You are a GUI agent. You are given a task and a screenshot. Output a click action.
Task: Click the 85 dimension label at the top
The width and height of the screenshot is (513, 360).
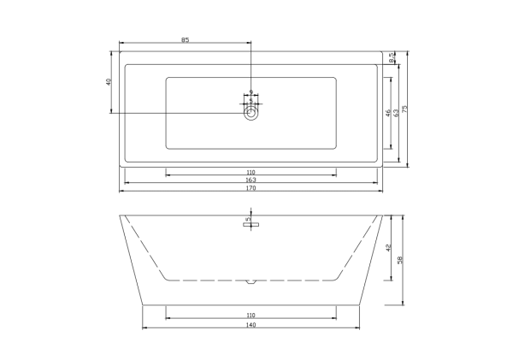185,39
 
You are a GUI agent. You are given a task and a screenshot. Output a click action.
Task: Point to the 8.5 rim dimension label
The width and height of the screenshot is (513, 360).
392,58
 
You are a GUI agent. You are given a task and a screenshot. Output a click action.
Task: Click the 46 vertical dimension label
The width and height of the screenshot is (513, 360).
388,112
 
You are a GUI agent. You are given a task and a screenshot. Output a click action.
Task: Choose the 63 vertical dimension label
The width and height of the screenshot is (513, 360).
396,112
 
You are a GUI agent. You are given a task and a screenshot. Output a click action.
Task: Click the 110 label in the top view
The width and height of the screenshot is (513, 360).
251,173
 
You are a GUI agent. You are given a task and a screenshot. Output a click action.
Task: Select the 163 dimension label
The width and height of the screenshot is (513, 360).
251,180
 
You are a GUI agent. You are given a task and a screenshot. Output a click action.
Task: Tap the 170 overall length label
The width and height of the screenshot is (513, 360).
251,188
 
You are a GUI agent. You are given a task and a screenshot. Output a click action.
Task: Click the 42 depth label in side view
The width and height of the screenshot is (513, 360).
388,248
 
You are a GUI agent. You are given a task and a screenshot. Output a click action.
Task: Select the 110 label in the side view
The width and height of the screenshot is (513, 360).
251,316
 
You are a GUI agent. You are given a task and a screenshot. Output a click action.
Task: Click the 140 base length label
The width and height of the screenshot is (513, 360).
251,325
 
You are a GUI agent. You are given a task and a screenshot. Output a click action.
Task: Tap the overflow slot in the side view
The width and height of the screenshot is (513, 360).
251,227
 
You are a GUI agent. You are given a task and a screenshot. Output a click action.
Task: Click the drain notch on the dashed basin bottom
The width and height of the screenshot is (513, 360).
251,280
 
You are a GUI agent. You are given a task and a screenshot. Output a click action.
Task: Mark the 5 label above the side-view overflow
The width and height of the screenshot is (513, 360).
247,220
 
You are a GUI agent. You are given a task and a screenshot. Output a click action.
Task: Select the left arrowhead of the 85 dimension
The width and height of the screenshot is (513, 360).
120,43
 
